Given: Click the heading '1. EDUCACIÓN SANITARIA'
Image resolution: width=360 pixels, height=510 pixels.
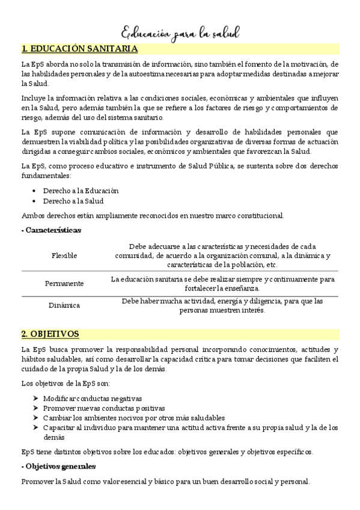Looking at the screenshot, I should coord(79,49).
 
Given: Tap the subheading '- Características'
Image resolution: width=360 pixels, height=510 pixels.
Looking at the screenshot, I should coord(51,230).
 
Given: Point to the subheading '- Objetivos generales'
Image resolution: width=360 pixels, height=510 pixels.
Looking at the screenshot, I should coord(58,466).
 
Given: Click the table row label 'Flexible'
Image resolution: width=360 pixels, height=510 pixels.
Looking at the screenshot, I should coord(64,256).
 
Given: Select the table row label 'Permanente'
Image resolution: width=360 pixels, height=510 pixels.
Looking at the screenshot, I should coord(64,283).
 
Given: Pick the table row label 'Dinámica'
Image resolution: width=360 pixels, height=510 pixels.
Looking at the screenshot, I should coord(64,306).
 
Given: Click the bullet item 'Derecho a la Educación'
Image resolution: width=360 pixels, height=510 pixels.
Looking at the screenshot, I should coord(81,190).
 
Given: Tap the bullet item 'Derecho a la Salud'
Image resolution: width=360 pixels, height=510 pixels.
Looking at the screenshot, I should coord(74,201).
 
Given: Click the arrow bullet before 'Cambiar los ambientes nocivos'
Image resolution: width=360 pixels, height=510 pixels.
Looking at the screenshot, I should coord(36,417).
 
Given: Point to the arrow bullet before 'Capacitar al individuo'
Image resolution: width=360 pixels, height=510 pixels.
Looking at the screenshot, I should coord(36,428).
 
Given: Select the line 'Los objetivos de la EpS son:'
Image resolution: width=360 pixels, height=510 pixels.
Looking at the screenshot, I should coord(66,384).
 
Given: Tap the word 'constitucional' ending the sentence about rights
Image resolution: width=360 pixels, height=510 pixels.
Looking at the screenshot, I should coord(259,215).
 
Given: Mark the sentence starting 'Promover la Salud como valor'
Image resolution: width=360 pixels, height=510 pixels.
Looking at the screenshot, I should coord(165,481).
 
